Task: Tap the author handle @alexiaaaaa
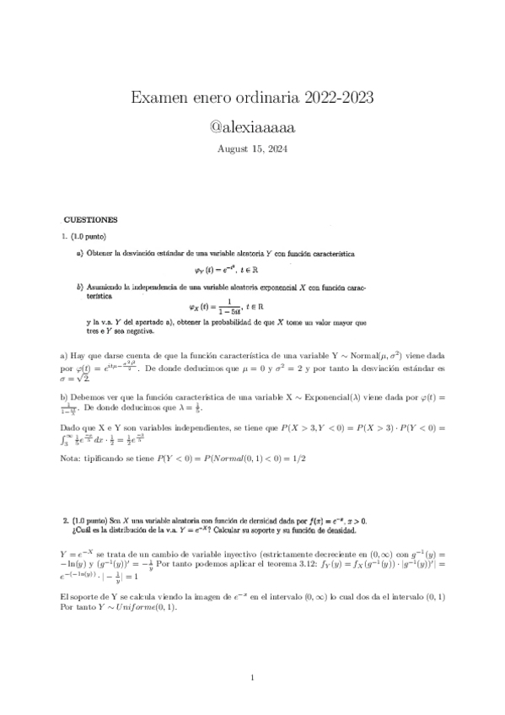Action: point(253,127)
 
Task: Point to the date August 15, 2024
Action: point(253,148)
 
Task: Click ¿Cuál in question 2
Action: point(84,531)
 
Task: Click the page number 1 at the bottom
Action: point(253,677)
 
